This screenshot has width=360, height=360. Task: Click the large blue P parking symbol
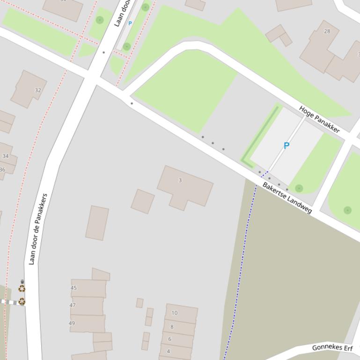tap(287, 146)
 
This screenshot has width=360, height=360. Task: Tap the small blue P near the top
tap(130, 23)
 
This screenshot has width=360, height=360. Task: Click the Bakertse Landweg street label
tap(287, 198)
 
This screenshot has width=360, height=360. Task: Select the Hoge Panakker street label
tap(319, 119)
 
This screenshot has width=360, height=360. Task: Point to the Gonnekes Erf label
tap(332, 348)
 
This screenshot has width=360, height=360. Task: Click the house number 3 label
tap(180, 180)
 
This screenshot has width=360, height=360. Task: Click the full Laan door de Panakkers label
tap(38, 229)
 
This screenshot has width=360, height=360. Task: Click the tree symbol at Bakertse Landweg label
tap(299, 188)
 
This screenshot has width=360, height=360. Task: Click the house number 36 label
tap(2, 170)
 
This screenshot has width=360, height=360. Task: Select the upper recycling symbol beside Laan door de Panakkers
tap(22, 289)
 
